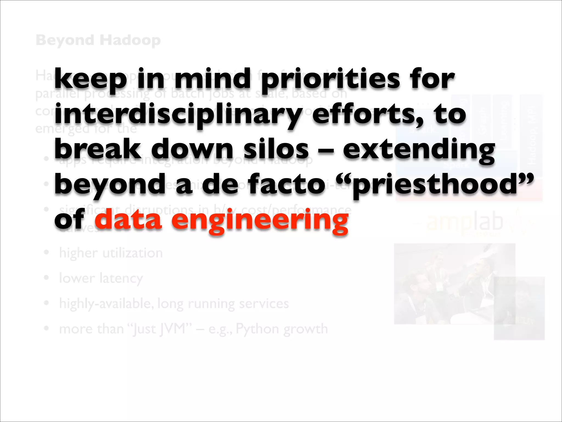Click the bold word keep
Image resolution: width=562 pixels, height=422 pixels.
pyautogui.click(x=91, y=80)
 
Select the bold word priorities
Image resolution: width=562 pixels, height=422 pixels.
pyautogui.click(x=330, y=80)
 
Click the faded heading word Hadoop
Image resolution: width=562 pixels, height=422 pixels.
pyautogui.click(x=130, y=40)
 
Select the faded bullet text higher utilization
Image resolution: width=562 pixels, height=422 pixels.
pyautogui.click(x=111, y=253)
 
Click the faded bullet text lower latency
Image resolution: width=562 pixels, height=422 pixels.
pyautogui.click(x=101, y=278)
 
